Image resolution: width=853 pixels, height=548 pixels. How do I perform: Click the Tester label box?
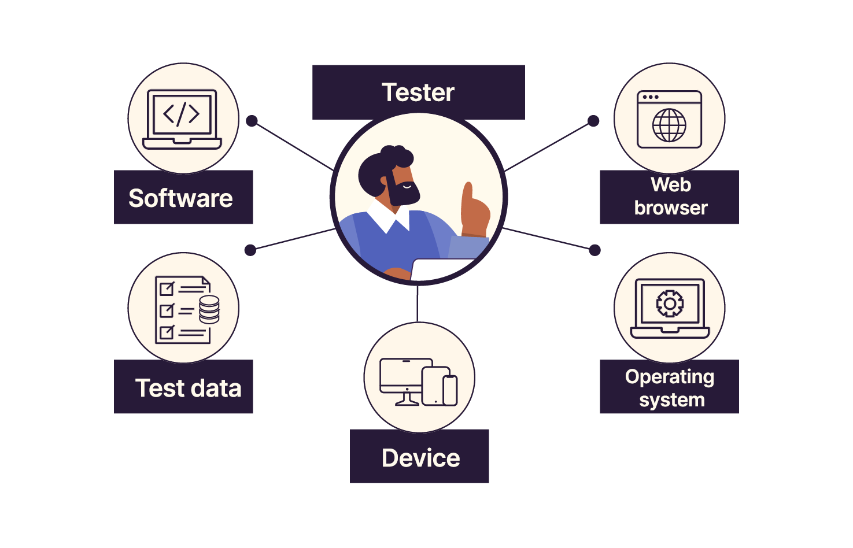418,92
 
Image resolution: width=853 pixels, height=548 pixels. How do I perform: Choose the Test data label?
183,387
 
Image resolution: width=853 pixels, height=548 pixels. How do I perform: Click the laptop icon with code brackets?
182,119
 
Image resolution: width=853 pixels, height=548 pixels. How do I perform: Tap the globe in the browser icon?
669,125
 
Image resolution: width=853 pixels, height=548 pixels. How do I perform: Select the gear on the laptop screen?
670,303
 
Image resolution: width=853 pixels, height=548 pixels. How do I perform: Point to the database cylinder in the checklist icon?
209,309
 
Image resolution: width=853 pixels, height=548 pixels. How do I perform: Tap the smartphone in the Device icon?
450,390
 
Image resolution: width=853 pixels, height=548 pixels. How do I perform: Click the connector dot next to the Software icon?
252,121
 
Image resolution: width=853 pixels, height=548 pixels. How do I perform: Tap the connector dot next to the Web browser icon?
593,121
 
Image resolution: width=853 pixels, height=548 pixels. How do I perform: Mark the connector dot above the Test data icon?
250,250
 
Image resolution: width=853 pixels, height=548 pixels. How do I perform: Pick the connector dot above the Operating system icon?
594,250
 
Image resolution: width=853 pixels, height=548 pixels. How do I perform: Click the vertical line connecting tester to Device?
418,303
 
